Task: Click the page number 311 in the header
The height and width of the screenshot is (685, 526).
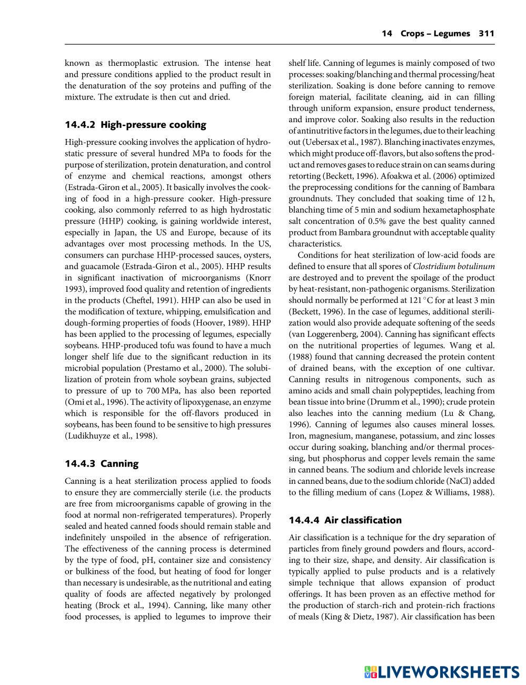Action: pyautogui.click(x=487, y=34)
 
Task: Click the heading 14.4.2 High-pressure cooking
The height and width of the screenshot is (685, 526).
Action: pyautogui.click(x=135, y=125)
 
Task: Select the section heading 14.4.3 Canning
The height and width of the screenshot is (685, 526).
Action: pyautogui.click(x=102, y=464)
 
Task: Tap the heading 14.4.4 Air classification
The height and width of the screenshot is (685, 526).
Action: pyautogui.click(x=345, y=520)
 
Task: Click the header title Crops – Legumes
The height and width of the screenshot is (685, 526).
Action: pyautogui.click(x=435, y=34)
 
